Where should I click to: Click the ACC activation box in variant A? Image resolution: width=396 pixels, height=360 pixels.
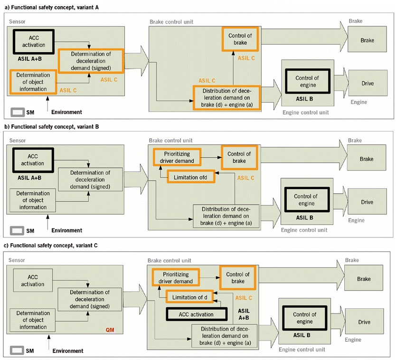tap(34, 41)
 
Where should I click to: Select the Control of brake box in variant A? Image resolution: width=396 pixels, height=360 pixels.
tap(240, 39)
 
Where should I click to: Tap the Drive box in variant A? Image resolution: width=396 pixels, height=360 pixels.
tap(367, 84)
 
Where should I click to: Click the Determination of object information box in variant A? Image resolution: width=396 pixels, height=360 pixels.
tap(33, 82)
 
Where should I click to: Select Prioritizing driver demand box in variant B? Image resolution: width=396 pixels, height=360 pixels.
tap(177, 157)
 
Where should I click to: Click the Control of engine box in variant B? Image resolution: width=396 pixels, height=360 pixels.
tap(306, 200)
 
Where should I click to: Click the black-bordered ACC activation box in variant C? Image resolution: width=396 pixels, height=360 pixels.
tap(196, 314)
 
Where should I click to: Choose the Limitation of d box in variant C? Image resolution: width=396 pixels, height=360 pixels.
tap(189, 297)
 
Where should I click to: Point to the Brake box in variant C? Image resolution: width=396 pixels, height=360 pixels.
tap(364, 279)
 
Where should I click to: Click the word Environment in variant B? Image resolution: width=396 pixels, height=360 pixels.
tap(66, 231)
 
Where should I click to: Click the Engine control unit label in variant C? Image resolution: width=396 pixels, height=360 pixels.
tap(302, 350)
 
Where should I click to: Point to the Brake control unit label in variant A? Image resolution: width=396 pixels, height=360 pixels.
tap(171, 22)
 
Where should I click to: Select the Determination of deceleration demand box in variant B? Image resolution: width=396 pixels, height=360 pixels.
tap(90, 180)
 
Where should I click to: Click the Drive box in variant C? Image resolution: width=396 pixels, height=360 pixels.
tap(364, 322)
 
